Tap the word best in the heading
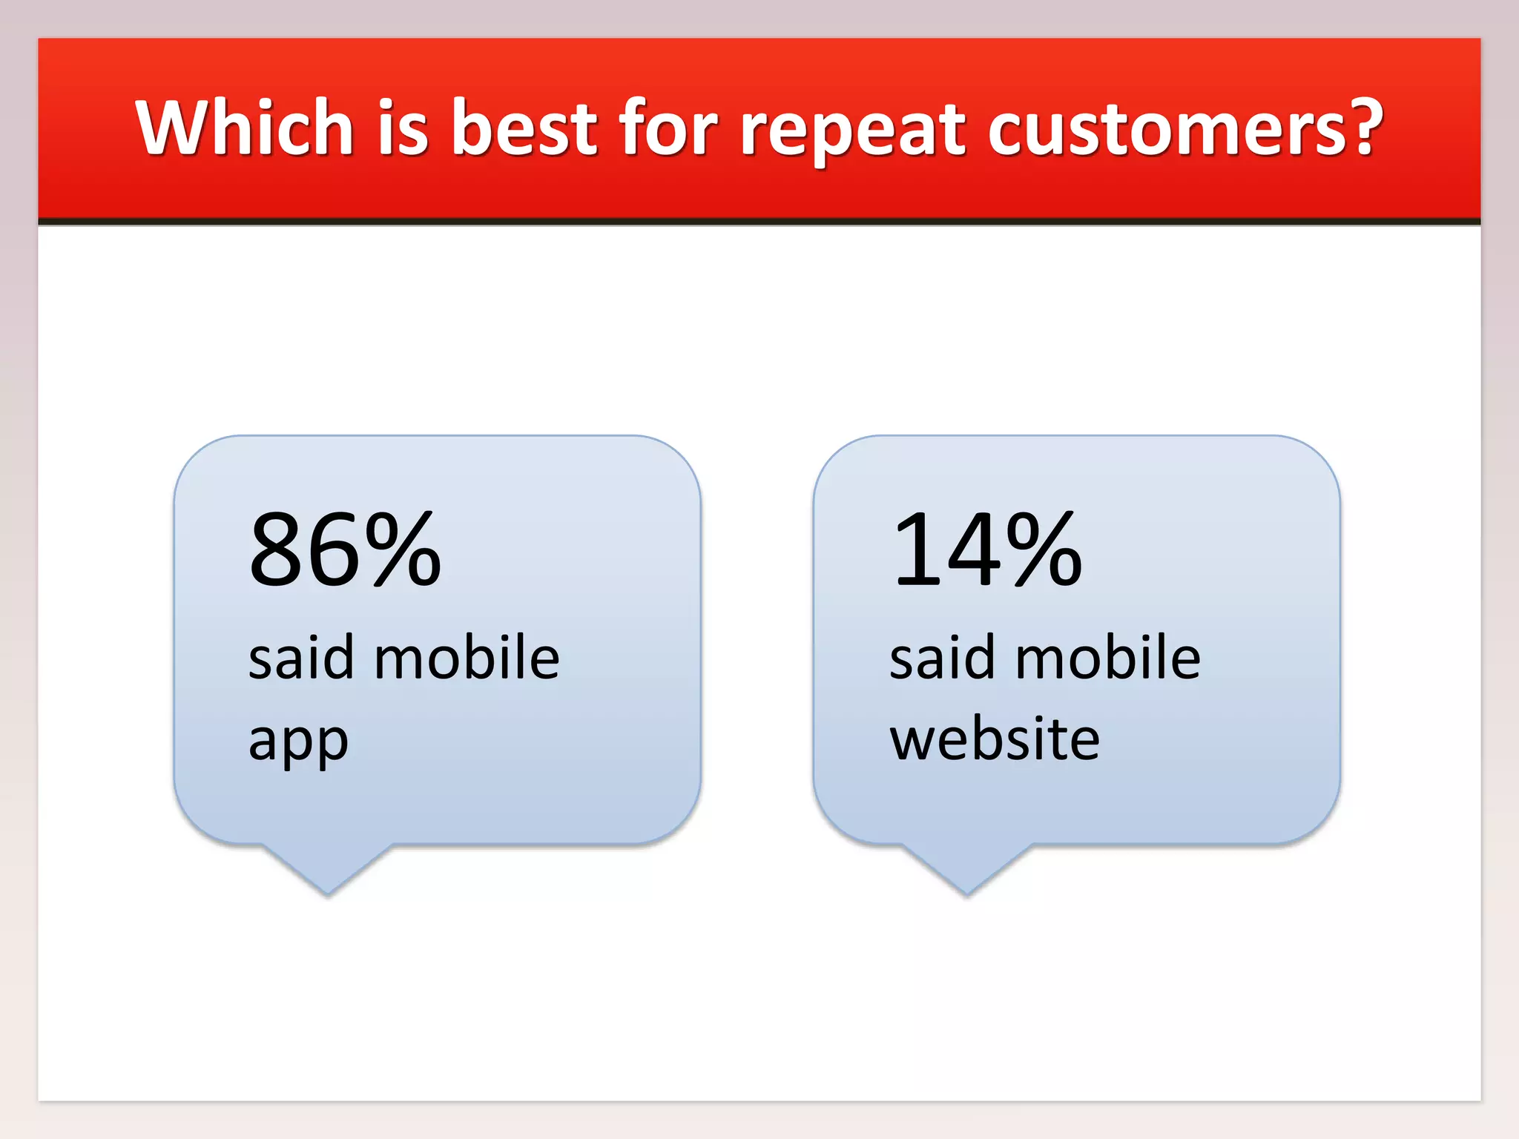click(x=524, y=128)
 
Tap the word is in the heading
click(x=403, y=128)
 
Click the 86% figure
click(x=345, y=550)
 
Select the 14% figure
click(x=986, y=550)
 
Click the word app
click(x=298, y=742)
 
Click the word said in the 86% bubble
click(x=300, y=658)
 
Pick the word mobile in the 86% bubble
click(x=467, y=658)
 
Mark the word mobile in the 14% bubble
click(x=1107, y=658)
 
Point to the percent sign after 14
click(x=1044, y=550)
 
